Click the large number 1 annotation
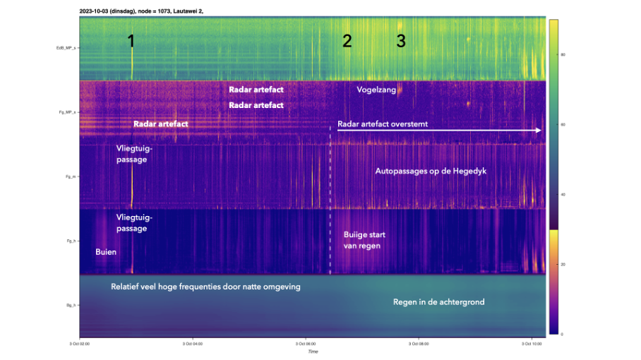coord(131,41)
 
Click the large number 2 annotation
coord(347,41)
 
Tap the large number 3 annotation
coord(401,41)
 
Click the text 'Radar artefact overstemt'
coord(383,124)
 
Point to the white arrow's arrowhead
coord(539,131)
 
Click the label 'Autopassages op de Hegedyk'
coord(431,171)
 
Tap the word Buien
coord(106,251)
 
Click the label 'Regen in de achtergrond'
coord(438,302)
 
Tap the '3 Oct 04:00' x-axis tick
coord(192,344)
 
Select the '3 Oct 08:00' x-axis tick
coord(419,344)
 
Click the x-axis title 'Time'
coord(313,352)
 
